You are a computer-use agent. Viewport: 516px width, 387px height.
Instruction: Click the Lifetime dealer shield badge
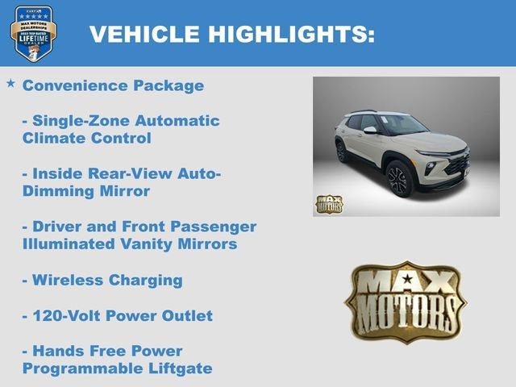(33, 32)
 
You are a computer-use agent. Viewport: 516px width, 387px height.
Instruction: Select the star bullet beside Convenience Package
(10, 83)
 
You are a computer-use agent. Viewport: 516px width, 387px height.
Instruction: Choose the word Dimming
(55, 191)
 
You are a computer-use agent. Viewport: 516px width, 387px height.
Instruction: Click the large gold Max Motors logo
(406, 302)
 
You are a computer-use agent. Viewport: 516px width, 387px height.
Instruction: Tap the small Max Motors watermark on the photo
(328, 204)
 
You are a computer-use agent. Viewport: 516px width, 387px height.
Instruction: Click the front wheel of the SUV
(399, 179)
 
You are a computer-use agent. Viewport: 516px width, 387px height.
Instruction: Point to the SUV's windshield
(402, 124)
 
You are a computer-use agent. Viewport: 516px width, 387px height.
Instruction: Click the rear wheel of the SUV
(341, 151)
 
